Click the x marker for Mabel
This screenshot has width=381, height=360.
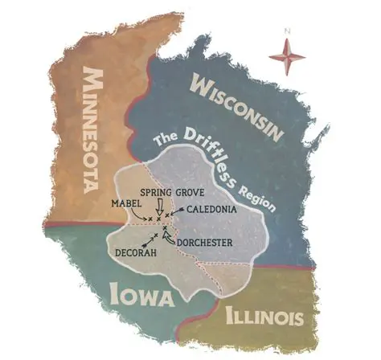150,219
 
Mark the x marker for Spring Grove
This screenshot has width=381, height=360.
159,219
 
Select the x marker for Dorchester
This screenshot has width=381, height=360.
165,229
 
